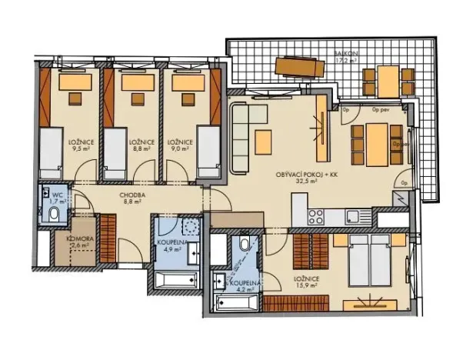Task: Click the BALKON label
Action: click(344, 52)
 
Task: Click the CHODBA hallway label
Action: click(132, 195)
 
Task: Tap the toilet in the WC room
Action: click(54, 213)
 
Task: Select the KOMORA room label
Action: click(80, 239)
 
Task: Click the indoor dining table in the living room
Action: click(376, 144)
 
